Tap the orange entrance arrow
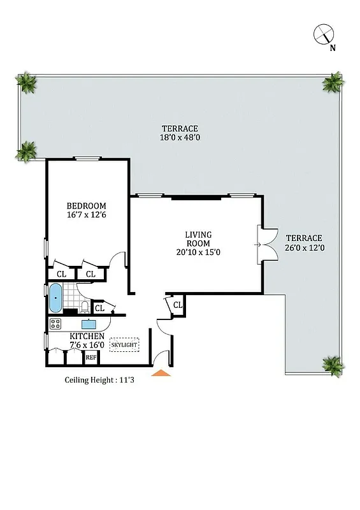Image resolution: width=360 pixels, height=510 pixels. coord(161,372)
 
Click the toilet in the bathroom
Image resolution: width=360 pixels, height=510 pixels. coord(85,309)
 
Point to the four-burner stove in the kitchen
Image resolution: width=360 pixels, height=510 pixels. coord(55,323)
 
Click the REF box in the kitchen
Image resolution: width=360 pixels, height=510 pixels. coord(91,358)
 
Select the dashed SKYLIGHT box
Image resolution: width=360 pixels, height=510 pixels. coord(125,345)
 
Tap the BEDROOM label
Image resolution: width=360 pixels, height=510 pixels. coord(87,206)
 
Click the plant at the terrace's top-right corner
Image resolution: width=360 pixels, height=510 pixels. coord(333,83)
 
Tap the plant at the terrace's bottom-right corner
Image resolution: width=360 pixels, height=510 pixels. coord(333,365)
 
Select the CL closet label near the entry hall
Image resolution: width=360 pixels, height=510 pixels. coord(178,305)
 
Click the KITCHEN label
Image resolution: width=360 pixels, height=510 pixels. coord(87,336)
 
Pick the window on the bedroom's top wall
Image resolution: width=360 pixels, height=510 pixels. coord(87,158)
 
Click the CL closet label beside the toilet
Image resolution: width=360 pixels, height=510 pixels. coord(99,309)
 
